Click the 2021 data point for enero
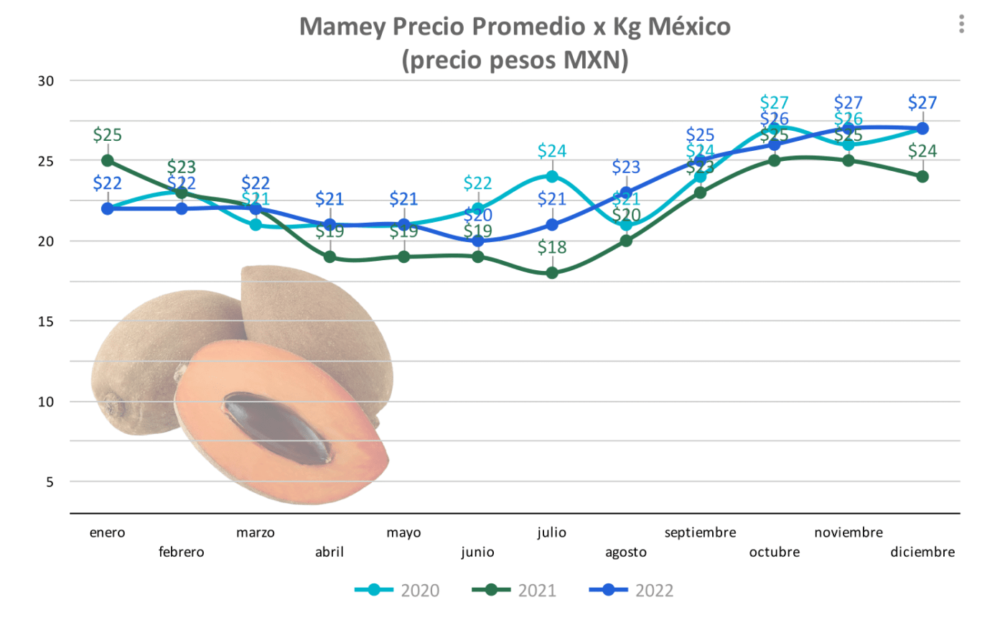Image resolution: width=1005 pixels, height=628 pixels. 108,160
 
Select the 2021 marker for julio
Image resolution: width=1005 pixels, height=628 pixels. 552,273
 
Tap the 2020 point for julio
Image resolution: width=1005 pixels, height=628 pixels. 552,177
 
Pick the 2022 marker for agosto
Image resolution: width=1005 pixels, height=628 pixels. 626,193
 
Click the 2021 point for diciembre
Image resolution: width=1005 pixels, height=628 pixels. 922,177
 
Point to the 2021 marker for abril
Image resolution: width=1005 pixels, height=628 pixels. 329,257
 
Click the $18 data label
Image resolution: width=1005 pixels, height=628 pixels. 552,247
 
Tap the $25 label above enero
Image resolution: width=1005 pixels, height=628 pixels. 108,134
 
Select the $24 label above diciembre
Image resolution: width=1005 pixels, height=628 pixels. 922,151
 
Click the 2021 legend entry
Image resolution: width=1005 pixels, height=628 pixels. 514,591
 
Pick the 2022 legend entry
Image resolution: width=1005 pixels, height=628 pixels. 632,591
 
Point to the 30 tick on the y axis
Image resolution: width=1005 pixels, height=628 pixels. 46,81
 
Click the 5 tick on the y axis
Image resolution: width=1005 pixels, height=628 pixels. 50,482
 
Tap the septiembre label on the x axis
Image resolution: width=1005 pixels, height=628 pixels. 700,532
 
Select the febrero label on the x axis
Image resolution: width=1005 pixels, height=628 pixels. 181,552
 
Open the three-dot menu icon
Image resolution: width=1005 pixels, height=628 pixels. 961,24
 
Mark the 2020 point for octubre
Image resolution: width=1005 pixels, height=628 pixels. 774,129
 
